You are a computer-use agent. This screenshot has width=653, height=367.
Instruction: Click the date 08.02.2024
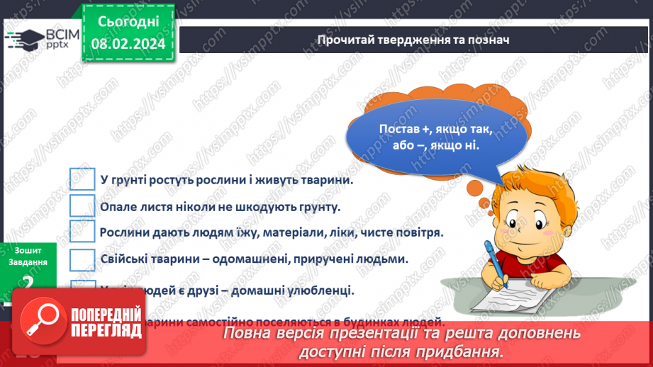pyautogui.click(x=128, y=44)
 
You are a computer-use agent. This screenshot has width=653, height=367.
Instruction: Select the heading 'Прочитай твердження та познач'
pyautogui.click(x=413, y=40)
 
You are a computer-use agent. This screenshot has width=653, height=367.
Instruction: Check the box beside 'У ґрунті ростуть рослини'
pyautogui.click(x=82, y=180)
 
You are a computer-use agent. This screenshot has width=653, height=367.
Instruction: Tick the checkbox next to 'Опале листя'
pyautogui.click(x=82, y=206)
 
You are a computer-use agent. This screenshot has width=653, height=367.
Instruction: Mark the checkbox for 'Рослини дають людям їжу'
pyautogui.click(x=82, y=232)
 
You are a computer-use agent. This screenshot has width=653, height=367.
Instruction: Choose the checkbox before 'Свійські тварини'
pyautogui.click(x=82, y=259)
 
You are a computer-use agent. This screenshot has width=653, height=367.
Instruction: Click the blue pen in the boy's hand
pyautogui.click(x=496, y=262)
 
